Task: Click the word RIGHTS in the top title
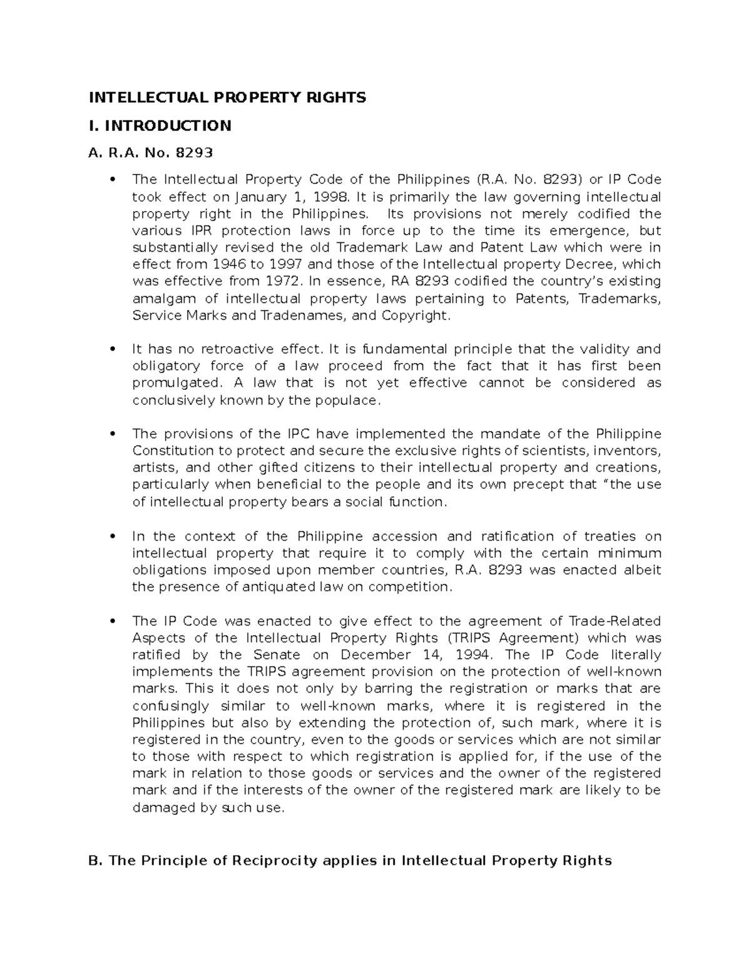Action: (336, 97)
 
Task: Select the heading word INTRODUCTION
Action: (168, 126)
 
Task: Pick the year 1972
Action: (275, 282)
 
